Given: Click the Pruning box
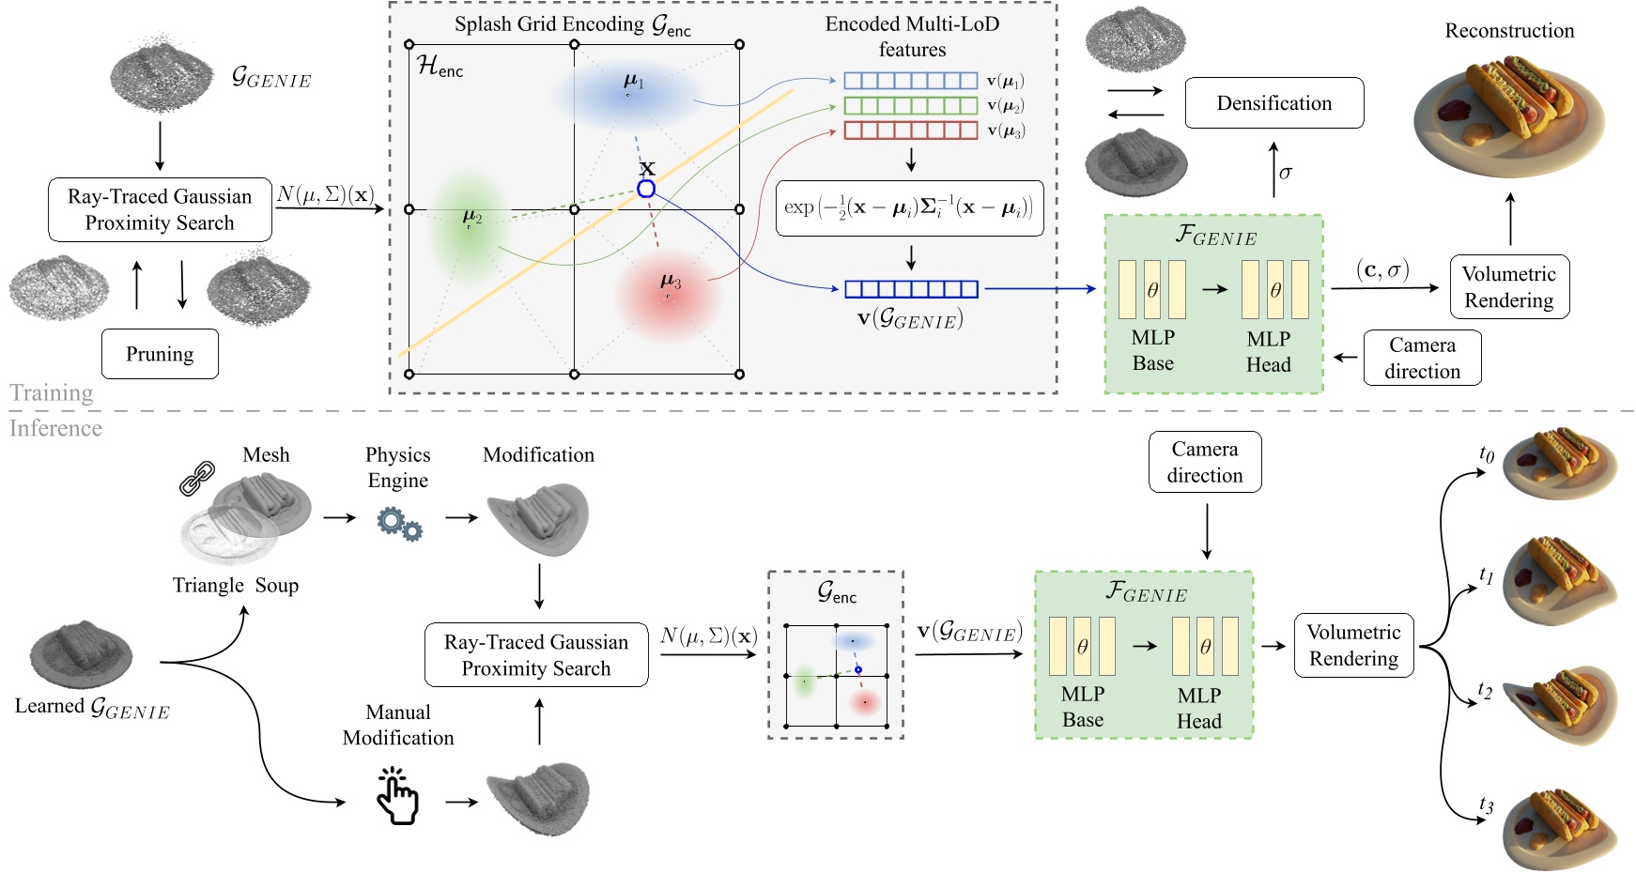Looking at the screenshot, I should pyautogui.click(x=160, y=354).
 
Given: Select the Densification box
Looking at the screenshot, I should pyautogui.click(x=1273, y=103).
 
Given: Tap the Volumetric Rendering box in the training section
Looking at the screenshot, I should pyautogui.click(x=1508, y=287).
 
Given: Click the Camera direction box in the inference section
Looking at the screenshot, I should pyautogui.click(x=1204, y=462).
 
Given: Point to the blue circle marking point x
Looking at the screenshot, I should pyautogui.click(x=646, y=189).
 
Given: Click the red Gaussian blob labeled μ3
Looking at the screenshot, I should pyautogui.click(x=667, y=296).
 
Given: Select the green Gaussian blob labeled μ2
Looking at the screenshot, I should pyautogui.click(x=469, y=225).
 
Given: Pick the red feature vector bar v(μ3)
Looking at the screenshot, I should pyautogui.click(x=910, y=130).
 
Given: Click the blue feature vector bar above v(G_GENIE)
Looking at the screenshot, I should pyautogui.click(x=910, y=289).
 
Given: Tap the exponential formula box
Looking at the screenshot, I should pyautogui.click(x=909, y=208).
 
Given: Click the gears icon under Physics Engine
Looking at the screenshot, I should pyautogui.click(x=399, y=523).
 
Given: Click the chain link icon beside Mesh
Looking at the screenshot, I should pyautogui.click(x=197, y=478).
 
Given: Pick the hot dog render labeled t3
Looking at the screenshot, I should pyautogui.click(x=1559, y=826).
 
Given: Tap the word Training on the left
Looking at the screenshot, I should pyautogui.click(x=52, y=392).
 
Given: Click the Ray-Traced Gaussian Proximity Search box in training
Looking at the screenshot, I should pyautogui.click(x=160, y=209).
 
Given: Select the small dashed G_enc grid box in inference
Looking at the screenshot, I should pyautogui.click(x=836, y=655).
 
